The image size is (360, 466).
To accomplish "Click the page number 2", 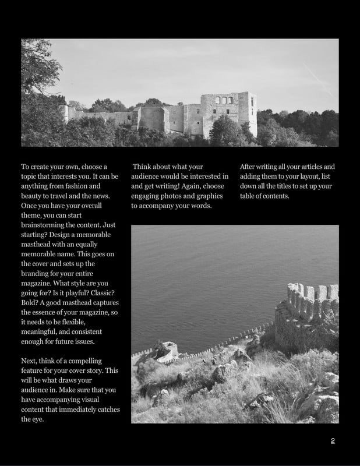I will click(333, 440).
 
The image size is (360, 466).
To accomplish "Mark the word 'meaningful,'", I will click(41, 332).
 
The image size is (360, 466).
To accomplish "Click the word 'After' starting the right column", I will click(249, 167).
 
